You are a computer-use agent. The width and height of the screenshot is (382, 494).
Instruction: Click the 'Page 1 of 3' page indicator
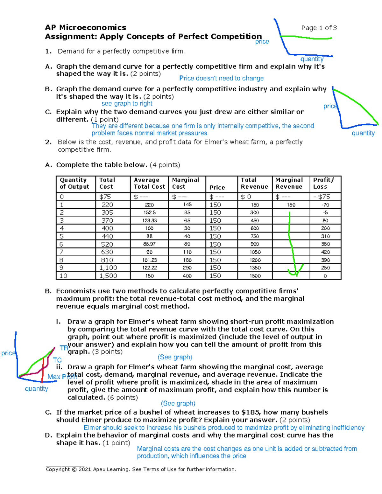(319, 28)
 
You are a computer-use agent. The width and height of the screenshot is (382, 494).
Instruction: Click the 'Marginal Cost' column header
(186, 184)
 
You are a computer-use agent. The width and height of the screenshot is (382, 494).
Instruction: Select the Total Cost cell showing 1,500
(108, 276)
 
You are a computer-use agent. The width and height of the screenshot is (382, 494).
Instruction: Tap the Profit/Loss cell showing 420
(325, 252)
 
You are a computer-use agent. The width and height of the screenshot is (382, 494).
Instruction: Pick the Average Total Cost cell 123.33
(149, 220)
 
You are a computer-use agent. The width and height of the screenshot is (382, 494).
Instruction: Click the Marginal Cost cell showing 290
(187, 268)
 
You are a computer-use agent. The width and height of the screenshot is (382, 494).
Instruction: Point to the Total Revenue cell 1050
(255, 252)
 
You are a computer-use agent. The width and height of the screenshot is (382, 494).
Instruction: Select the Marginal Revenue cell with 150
(291, 205)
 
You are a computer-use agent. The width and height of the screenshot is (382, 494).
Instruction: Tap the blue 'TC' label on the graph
(57, 360)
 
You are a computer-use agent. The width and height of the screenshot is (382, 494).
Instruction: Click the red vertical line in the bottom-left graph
(42, 371)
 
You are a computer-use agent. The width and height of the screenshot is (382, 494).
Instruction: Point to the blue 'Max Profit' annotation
(62, 377)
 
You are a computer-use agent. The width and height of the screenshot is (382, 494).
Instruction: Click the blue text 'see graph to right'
(127, 103)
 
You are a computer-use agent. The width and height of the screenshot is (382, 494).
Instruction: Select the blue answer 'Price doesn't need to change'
(221, 78)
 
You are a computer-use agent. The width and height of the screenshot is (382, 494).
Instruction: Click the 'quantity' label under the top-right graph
(312, 59)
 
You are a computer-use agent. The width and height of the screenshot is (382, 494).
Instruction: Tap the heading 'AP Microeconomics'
(85, 28)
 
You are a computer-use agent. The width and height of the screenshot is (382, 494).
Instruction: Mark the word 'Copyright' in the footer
(58, 470)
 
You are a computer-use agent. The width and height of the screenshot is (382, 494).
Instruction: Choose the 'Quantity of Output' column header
(74, 184)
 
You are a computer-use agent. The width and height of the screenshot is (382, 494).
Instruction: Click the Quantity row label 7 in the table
(61, 252)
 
